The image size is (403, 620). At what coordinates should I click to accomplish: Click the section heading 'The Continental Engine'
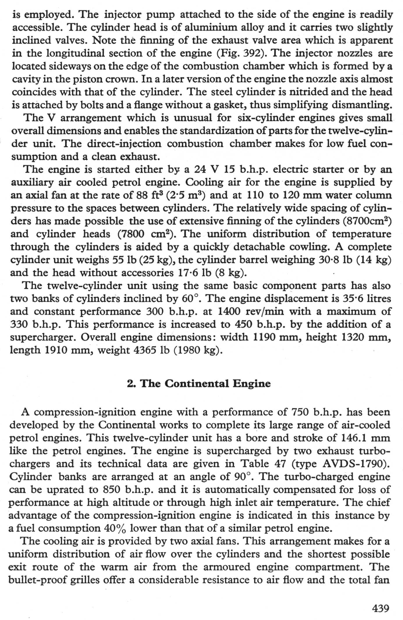206,384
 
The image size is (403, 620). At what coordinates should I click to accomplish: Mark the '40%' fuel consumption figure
115,528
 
